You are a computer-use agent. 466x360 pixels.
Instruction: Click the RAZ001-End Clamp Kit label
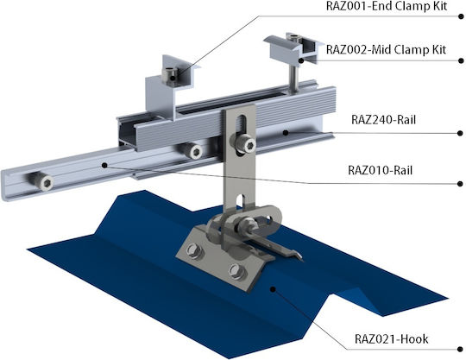(x=386, y=6)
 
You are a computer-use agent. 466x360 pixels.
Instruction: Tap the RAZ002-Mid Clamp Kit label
(x=386, y=49)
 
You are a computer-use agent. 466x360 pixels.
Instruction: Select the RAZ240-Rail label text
(x=383, y=119)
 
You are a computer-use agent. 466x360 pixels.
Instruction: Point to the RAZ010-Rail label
(x=380, y=170)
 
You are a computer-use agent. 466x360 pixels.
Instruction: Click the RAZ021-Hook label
(x=392, y=339)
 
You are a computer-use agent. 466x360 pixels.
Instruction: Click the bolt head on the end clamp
(x=170, y=74)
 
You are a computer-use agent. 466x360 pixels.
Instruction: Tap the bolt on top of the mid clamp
(x=294, y=38)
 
